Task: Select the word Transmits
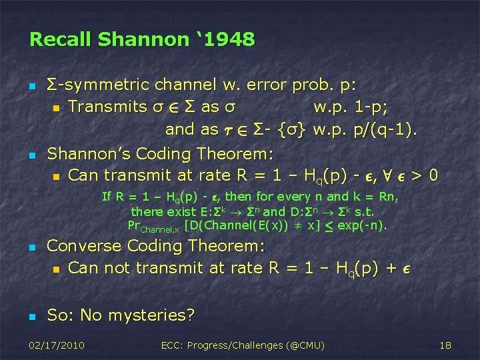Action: pyautogui.click(x=107, y=107)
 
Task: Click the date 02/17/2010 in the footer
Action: pyautogui.click(x=58, y=345)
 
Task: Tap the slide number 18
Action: pyautogui.click(x=445, y=345)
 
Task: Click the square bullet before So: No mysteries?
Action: pyautogui.click(x=31, y=316)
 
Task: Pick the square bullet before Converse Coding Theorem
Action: pyautogui.click(x=31, y=247)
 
